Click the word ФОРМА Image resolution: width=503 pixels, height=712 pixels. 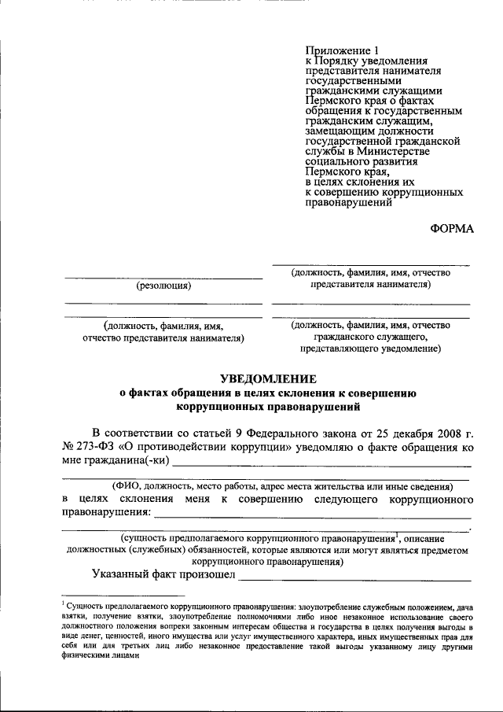453,229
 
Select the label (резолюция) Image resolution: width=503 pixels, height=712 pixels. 163,286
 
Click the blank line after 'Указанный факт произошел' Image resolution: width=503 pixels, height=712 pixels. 354,578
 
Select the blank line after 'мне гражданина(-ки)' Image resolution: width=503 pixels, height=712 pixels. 321,464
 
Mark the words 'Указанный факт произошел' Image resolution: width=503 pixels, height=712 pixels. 163,576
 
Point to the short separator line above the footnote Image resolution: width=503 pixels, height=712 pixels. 99,596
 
